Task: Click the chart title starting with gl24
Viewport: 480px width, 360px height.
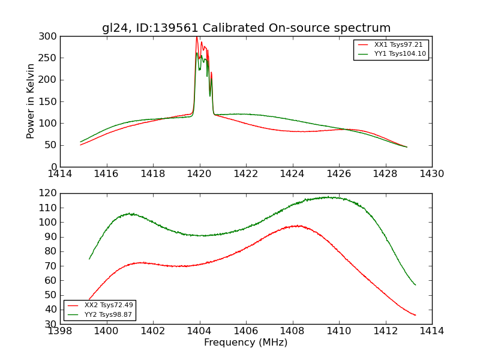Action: [246, 28]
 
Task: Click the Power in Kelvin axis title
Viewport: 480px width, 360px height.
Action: [31, 101]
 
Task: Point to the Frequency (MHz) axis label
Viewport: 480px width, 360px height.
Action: [246, 343]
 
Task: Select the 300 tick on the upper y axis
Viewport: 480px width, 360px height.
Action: [50, 37]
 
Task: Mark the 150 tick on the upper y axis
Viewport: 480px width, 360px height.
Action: [50, 102]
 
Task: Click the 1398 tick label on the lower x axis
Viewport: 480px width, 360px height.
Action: [60, 331]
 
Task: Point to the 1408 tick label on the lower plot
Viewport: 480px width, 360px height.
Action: [293, 331]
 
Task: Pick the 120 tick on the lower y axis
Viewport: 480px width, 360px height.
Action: [50, 193]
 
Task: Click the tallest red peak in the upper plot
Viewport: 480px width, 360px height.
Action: [196, 37]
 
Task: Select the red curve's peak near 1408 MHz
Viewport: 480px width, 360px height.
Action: [297, 226]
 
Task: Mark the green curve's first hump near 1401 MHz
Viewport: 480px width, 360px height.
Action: [130, 214]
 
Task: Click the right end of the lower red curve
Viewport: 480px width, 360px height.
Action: [415, 315]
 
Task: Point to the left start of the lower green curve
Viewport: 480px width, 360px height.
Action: [89, 259]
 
